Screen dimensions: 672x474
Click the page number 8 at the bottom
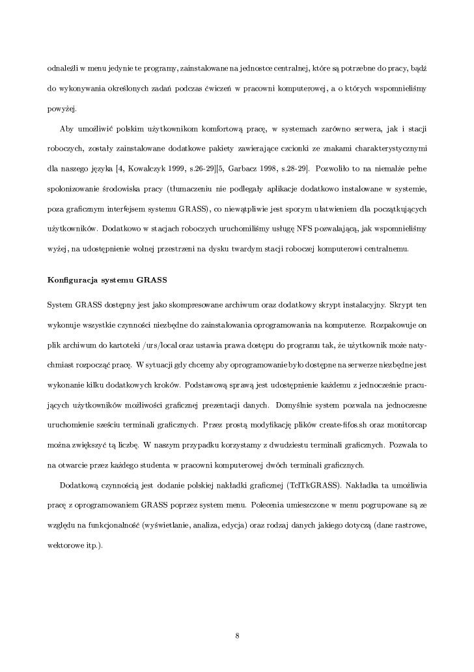pyautogui.click(x=237, y=635)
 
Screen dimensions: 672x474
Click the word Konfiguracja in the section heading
pyautogui.click(x=71, y=281)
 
